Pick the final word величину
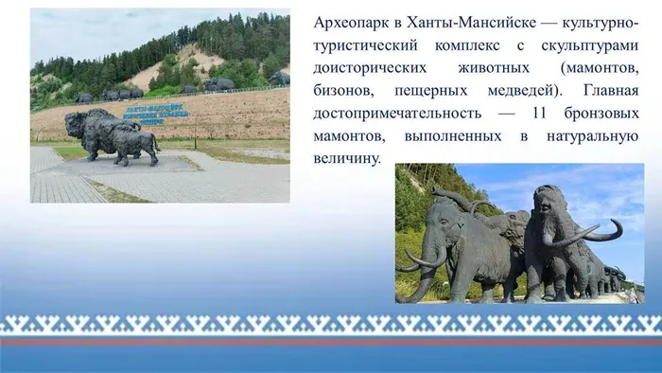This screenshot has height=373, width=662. (344, 159)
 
